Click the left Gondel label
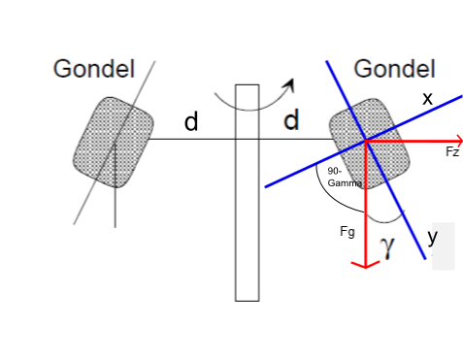tap(94, 69)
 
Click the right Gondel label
tap(394, 69)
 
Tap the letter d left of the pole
tap(191, 121)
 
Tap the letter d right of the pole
tap(291, 119)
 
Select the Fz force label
tap(452, 151)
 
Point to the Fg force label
tap(347, 232)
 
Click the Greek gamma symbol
tap(387, 246)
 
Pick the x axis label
tap(427, 98)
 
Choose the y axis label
tap(433, 238)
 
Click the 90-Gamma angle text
tap(345, 177)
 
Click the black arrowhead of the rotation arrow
tap(290, 84)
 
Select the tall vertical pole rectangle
tap(248, 193)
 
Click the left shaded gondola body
tap(114, 143)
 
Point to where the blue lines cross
tap(366, 141)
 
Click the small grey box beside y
tap(444, 245)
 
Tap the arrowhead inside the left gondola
tap(116, 145)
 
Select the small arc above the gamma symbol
tap(386, 219)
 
